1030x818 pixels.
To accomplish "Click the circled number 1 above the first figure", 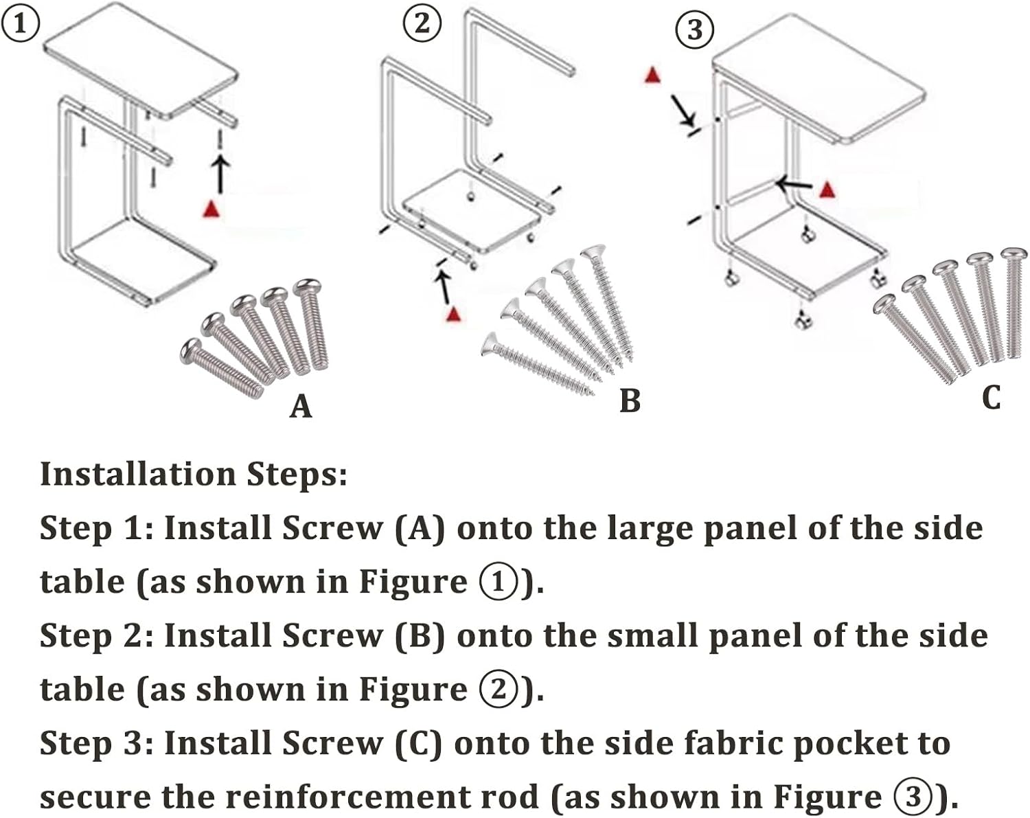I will click(20, 24).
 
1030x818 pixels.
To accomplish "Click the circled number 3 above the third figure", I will click(695, 31).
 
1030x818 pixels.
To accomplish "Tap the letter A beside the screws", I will click(301, 407).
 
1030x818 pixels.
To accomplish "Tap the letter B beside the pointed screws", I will click(630, 401).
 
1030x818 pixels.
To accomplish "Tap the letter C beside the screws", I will click(991, 398).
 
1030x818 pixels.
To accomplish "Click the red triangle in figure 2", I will click(453, 314).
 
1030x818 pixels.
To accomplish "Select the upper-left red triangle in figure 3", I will click(652, 75).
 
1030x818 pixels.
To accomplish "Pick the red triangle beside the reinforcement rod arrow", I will click(828, 189).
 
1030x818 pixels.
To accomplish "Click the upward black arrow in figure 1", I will click(219, 173).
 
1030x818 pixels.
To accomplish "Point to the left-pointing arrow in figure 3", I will click(794, 185).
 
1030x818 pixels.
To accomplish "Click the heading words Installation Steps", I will click(194, 474).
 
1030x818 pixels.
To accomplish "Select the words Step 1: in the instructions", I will click(96, 528).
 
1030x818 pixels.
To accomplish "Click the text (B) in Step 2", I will click(420, 635).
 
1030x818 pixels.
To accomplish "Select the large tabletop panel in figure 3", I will click(817, 86).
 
